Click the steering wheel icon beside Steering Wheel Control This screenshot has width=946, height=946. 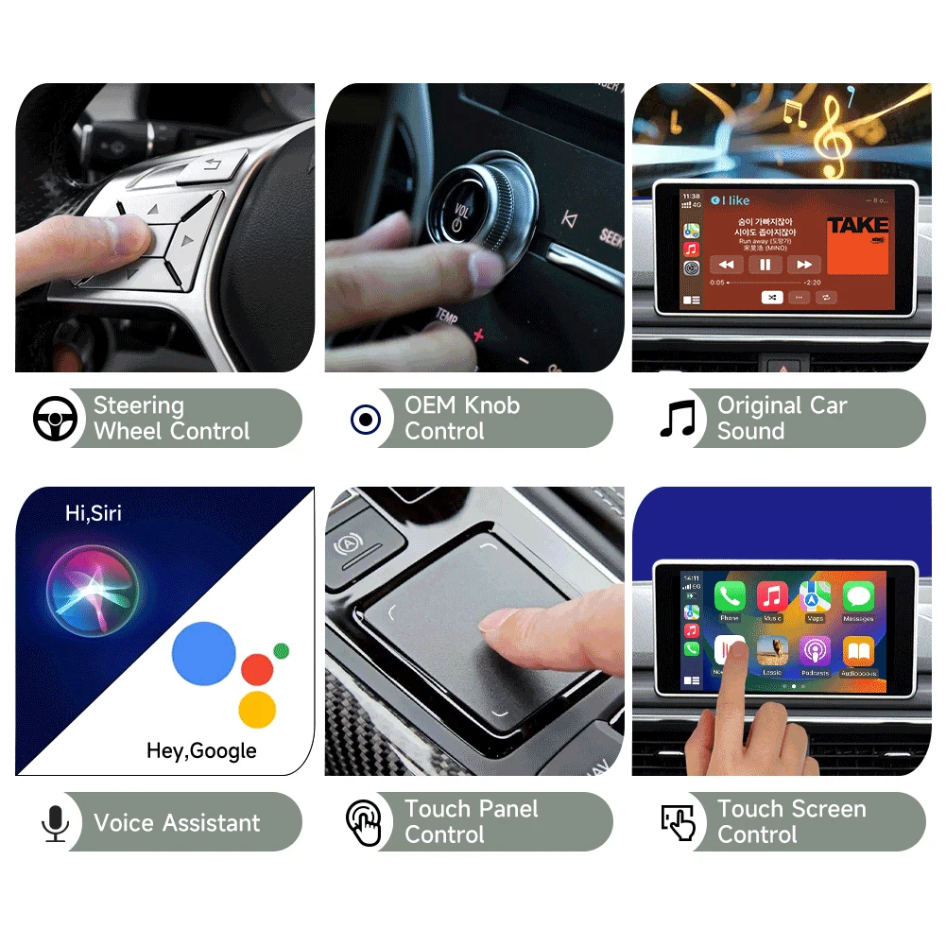pos(55,419)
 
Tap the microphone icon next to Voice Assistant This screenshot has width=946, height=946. pos(55,823)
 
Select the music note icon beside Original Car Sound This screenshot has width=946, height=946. pos(677,419)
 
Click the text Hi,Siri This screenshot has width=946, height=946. pos(93,513)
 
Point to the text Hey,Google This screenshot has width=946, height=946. pos(201,751)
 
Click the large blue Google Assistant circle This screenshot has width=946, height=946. pos(204,653)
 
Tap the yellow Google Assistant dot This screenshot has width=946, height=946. pos(257,709)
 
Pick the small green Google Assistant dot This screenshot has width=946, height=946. pos(281,650)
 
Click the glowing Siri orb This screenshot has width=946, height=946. pos(93,592)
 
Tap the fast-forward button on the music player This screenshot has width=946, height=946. pos(804,266)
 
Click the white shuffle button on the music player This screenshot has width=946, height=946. pos(772,297)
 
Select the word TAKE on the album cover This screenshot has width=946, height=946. pos(858,225)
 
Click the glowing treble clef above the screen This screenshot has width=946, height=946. pos(833,137)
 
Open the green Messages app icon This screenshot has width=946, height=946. pos(858,596)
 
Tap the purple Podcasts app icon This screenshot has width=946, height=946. pos(815,651)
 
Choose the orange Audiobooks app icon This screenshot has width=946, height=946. pos(858,651)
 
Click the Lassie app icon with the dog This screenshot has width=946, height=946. pos(772,651)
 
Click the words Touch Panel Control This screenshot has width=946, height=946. pos(471,822)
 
